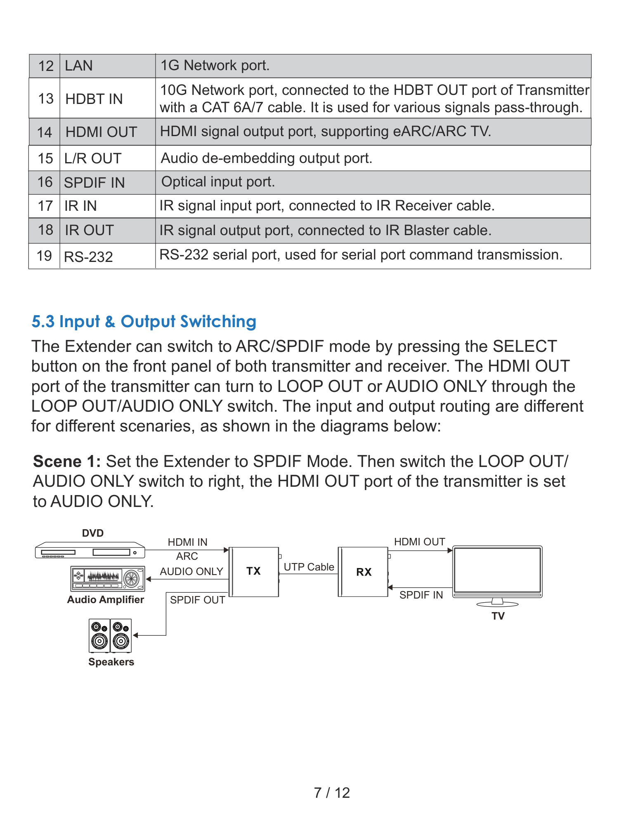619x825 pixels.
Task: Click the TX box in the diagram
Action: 254,572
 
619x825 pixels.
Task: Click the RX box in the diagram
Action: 363,572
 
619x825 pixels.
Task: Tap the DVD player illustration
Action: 90,550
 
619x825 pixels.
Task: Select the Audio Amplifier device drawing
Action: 108,578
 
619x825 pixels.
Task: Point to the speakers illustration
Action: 110,636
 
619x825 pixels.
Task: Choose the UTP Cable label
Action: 309,567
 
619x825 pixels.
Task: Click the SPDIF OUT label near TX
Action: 197,600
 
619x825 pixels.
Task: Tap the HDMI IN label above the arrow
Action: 187,542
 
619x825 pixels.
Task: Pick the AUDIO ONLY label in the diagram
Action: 191,571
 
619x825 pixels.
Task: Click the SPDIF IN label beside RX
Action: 421,595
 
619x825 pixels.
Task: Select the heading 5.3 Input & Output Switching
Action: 144,322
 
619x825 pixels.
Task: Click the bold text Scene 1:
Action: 67,461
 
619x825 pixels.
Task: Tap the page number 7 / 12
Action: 332,792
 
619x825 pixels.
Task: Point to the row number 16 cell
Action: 45,182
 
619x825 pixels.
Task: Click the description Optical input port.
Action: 218,182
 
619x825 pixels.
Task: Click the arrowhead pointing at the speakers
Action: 135,635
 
